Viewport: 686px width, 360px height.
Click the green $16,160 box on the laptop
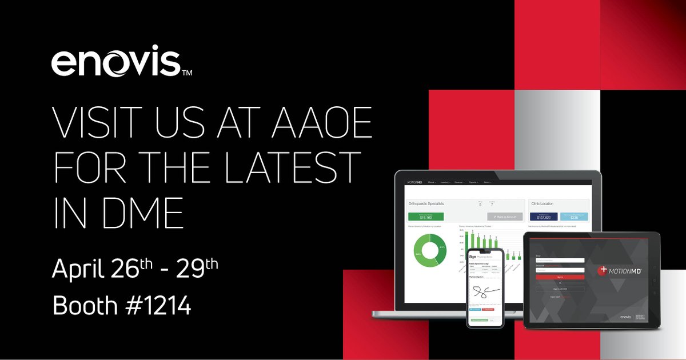coord(425,217)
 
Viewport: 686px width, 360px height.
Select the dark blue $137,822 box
coord(544,217)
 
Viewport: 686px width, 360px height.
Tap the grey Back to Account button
coord(505,217)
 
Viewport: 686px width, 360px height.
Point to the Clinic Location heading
coord(547,203)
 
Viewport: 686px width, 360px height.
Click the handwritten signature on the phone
coord(484,292)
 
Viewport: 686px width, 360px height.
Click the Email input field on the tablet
coord(560,260)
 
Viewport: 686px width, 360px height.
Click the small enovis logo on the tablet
coord(628,316)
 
